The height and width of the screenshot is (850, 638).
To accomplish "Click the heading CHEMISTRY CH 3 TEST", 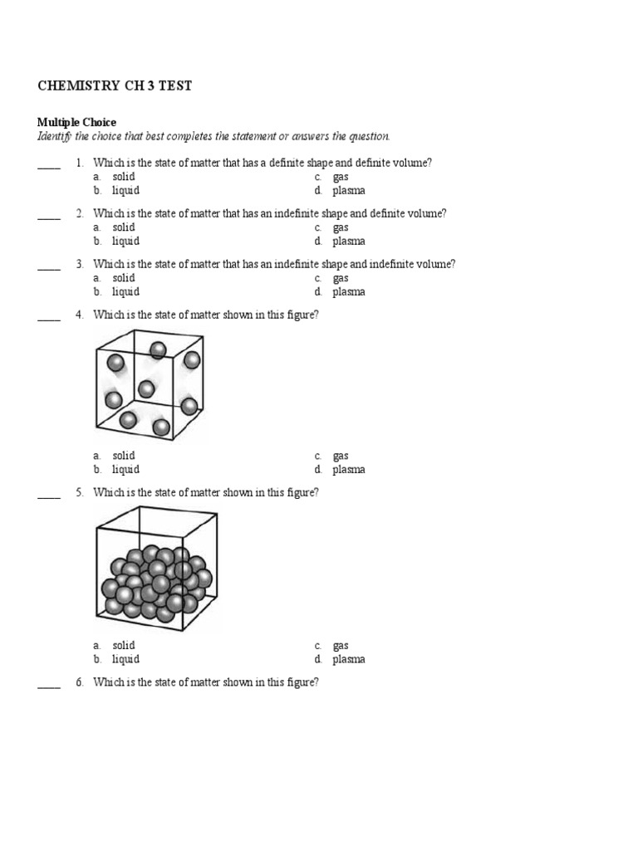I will tap(115, 86).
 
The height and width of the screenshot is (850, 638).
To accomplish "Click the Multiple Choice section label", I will tap(76, 122).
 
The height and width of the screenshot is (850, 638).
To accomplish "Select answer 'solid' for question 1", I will tap(123, 177).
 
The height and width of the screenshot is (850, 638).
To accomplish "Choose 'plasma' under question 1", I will tap(348, 191).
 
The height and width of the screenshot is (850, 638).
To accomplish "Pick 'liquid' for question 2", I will tap(125, 242).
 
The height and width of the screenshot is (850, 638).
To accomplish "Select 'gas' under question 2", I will tap(341, 227).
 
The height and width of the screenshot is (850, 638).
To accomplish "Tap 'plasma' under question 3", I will tap(348, 292).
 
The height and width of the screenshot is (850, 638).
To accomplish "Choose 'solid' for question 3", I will tap(123, 278).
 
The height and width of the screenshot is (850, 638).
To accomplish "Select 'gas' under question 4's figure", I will tap(341, 456).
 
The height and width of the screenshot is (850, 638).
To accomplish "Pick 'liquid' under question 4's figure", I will tap(125, 470).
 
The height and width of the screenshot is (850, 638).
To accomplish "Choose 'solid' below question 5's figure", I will tap(123, 646).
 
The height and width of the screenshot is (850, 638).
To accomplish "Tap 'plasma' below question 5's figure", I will tap(348, 660).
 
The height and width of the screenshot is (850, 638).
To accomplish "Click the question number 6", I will tap(79, 682).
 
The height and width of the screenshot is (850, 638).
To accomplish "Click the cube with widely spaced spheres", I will tap(150, 384).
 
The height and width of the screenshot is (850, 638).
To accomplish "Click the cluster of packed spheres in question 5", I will tap(156, 582).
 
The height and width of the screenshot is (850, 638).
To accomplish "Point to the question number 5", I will tap(79, 492).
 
